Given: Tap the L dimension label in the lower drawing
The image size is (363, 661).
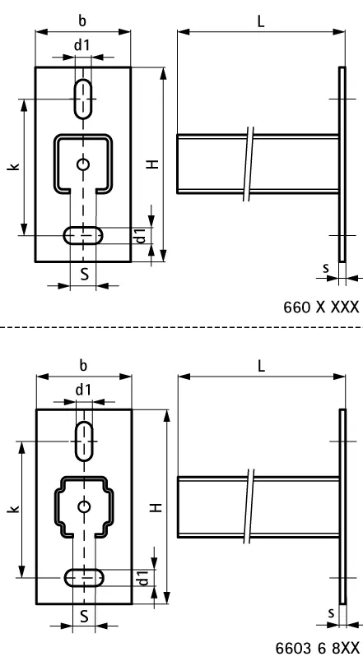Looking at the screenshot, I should coord(261,366).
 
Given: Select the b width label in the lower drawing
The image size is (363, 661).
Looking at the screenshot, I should coord(83,364).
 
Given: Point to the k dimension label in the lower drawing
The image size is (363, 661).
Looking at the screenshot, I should coord(12,509).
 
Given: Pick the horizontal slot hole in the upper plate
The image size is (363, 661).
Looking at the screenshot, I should coord(83,236).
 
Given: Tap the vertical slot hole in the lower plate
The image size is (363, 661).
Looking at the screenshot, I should coord(83,441).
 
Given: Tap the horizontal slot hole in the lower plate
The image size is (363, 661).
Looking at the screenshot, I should coord(84,578).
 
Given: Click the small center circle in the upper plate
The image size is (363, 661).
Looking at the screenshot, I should coord(82,164).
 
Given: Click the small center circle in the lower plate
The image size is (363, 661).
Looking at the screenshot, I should coord(83,506).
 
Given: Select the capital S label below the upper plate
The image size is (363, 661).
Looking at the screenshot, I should coord(84,275).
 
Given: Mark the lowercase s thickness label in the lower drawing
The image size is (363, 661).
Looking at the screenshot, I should coord(328,612).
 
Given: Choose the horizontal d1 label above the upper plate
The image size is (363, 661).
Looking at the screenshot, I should coord(82,45).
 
